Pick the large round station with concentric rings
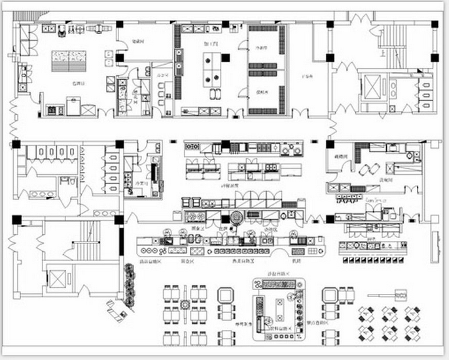(x=236, y=218)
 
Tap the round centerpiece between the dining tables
(x=185, y=304)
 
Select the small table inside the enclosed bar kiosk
(x=279, y=308)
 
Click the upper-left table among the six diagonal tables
(x=370, y=312)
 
